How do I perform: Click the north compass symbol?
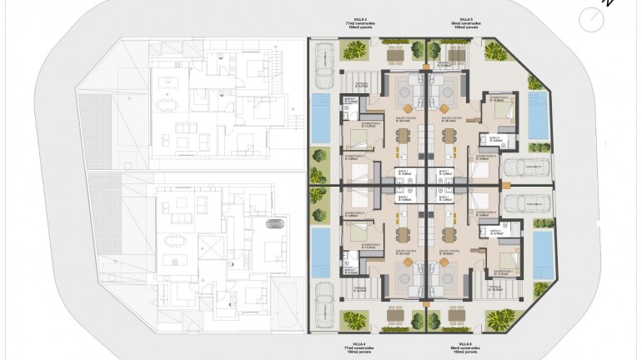pos(594,17)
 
